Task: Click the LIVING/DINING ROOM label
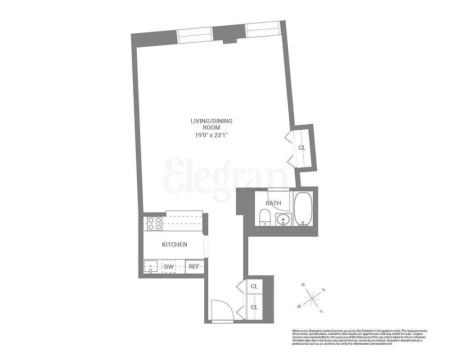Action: [x=211, y=124]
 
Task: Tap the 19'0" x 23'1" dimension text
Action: [x=211, y=135]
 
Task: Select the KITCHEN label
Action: [x=174, y=244]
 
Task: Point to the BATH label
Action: [x=273, y=203]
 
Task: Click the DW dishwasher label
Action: [x=169, y=267]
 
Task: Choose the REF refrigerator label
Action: [x=194, y=267]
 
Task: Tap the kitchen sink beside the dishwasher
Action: [x=150, y=267]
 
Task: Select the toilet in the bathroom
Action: [x=265, y=218]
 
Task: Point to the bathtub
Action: [x=303, y=209]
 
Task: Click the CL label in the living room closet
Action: [x=302, y=148]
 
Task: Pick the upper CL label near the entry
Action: [x=254, y=286]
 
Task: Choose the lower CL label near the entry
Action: [x=254, y=307]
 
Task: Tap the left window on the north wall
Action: [x=194, y=36]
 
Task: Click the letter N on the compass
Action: [x=304, y=285]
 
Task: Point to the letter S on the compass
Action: [x=321, y=311]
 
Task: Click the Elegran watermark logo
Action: [x=225, y=175]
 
